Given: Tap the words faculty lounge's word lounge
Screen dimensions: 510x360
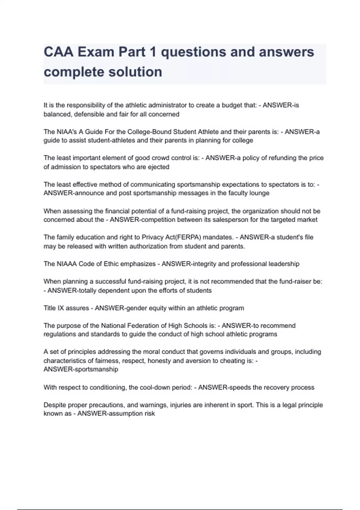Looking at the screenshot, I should (x=259, y=193).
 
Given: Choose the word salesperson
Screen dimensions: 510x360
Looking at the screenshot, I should (x=231, y=220).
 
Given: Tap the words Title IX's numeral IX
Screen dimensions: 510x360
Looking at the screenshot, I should (x=61, y=308).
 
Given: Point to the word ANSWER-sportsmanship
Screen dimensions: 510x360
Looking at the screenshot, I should (x=81, y=369).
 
